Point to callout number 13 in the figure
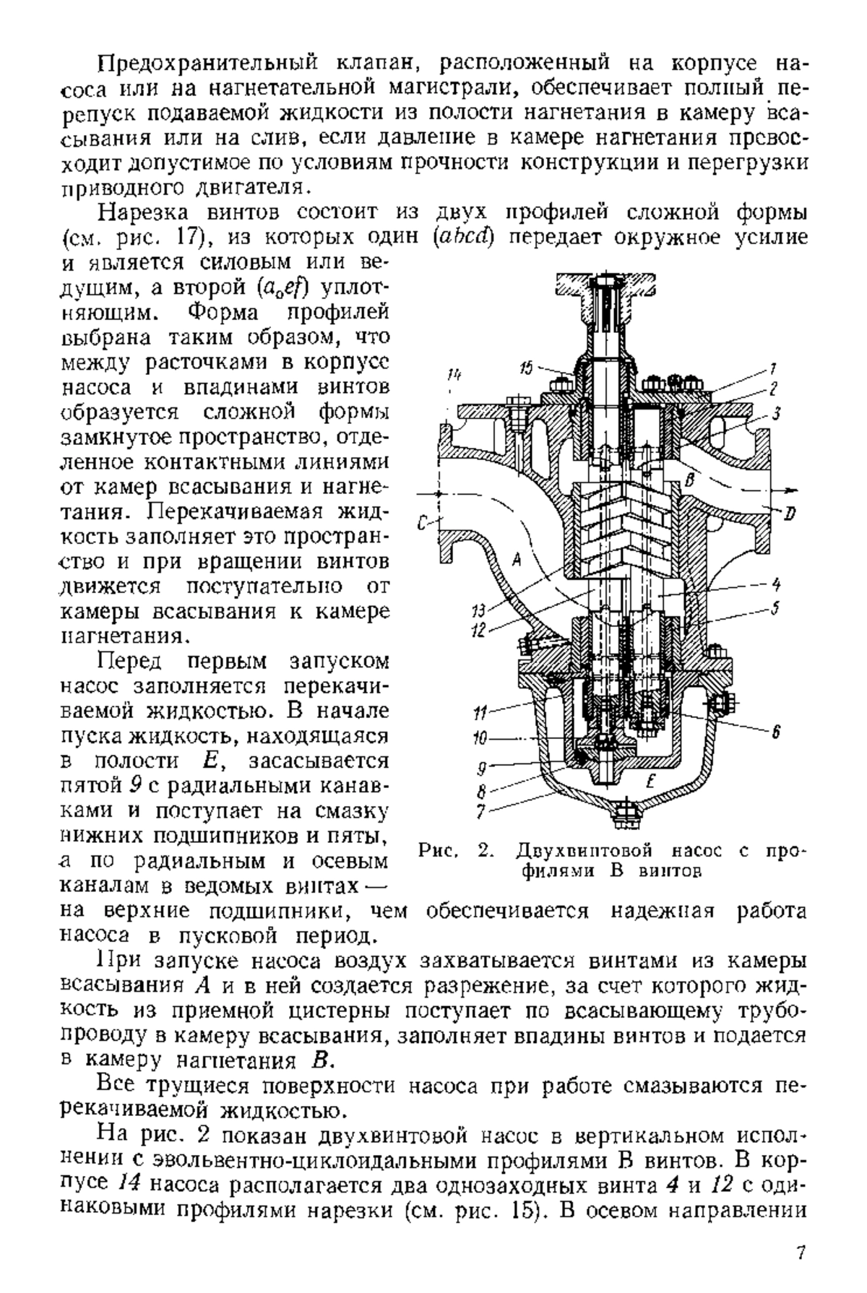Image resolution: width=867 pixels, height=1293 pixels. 479,609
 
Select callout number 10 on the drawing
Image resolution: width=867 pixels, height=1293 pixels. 480,739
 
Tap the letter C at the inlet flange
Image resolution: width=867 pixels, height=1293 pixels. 425,522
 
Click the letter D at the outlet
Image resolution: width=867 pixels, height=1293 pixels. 790,514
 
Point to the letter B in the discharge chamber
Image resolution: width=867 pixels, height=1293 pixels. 690,480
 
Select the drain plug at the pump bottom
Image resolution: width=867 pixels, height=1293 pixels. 624,816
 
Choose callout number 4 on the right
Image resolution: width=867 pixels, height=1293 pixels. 775,582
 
